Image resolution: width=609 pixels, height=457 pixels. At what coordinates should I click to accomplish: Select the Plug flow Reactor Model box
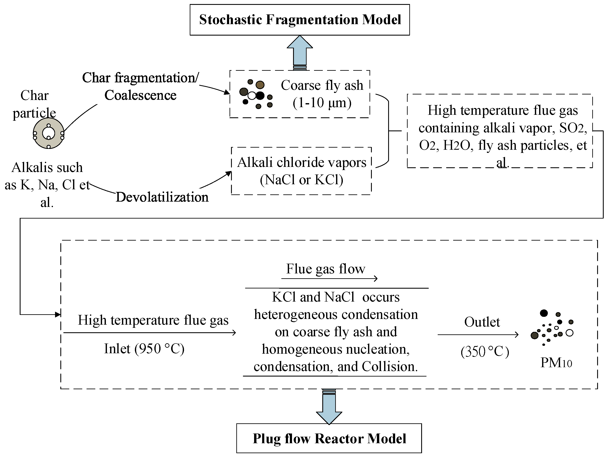click(329, 439)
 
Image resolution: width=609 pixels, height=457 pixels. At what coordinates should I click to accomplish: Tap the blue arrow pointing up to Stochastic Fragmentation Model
click(300, 52)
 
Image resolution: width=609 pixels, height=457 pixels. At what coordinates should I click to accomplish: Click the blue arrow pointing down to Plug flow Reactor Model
click(329, 407)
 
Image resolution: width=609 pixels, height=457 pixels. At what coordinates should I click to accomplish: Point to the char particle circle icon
click(48, 133)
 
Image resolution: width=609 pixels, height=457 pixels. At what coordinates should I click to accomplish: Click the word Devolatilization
click(162, 197)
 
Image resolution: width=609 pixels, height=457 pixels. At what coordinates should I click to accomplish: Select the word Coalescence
click(140, 95)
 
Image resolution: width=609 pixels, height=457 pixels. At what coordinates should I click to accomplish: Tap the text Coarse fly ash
click(322, 85)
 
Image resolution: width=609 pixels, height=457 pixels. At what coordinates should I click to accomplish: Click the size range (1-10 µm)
click(322, 103)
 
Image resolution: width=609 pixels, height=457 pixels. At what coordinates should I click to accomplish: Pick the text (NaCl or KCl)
click(302, 180)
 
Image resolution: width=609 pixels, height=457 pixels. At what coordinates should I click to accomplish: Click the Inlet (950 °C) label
click(144, 349)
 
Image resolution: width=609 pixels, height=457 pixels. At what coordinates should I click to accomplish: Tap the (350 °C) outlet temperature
click(484, 352)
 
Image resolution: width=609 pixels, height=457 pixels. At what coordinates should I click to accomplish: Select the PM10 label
click(556, 363)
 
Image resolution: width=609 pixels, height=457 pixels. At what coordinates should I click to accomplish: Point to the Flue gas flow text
click(325, 269)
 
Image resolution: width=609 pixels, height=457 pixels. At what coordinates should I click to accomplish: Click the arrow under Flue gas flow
click(329, 279)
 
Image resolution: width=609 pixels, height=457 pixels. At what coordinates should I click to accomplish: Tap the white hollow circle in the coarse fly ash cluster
click(252, 96)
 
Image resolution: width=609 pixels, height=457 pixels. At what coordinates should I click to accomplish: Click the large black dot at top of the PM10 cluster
click(544, 313)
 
